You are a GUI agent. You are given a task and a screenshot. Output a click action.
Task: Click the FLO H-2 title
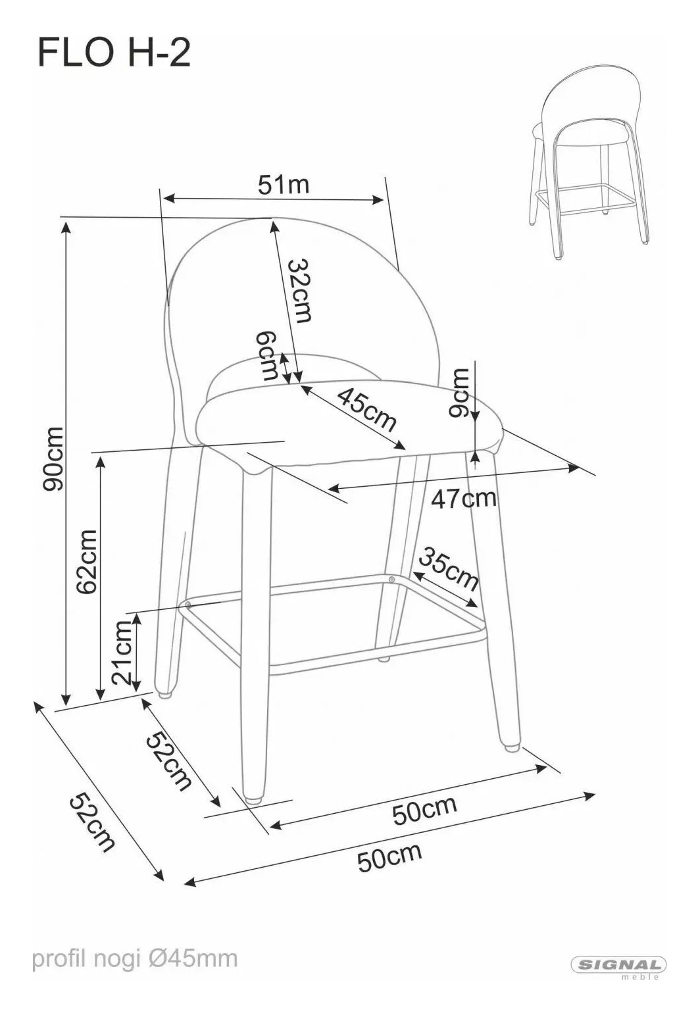114,53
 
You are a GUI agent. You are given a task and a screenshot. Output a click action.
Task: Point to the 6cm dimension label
266,355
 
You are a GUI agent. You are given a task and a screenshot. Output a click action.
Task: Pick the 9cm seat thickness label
458,392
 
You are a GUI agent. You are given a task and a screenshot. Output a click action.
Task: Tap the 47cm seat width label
464,499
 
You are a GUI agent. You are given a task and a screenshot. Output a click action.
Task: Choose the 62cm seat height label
87,562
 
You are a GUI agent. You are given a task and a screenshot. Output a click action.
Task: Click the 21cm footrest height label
123,653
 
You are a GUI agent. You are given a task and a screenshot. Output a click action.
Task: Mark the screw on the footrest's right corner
391,579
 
